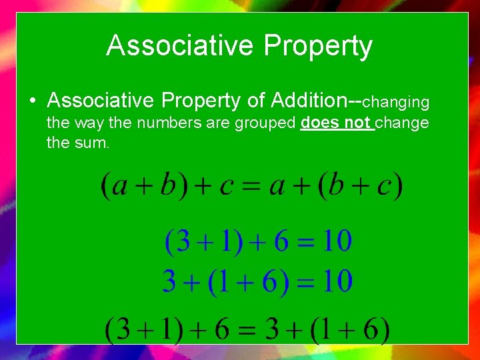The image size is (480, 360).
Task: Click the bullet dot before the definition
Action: click(x=32, y=101)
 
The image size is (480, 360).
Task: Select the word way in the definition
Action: click(x=85, y=123)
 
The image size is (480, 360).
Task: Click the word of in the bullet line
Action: click(x=255, y=100)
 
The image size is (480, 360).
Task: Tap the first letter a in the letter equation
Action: click(x=121, y=186)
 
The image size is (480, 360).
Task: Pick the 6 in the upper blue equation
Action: click(x=281, y=241)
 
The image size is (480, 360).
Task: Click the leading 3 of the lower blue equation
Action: click(x=169, y=282)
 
